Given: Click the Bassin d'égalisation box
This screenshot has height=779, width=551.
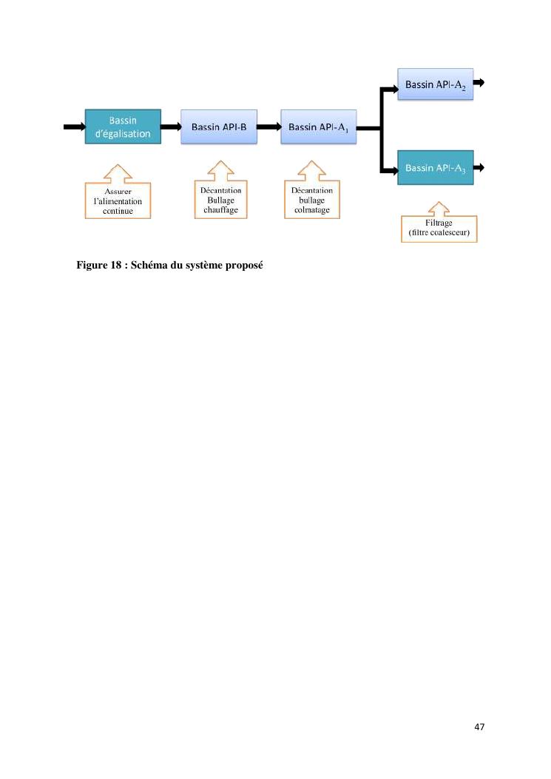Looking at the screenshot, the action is coord(123,127).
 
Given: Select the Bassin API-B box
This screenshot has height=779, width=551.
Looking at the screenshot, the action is coord(219,127).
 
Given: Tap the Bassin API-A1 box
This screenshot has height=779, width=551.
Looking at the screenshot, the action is coord(319,127).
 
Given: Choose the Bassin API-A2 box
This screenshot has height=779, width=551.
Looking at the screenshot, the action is coord(435,84).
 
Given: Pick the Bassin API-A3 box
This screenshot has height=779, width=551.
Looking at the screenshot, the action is coord(435,167).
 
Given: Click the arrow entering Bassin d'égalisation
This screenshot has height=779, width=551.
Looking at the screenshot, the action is coord(75,127).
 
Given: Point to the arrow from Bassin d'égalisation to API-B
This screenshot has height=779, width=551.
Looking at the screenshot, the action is coord(171,127).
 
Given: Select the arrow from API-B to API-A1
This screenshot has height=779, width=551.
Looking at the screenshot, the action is coord(268,127).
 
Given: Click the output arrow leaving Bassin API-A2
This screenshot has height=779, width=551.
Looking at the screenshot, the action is coord(479,82).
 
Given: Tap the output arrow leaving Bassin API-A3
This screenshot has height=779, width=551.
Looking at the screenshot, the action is coord(479,167).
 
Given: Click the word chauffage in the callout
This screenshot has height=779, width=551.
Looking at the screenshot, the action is coord(220,210).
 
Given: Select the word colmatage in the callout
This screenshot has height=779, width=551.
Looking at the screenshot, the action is coord(312,210).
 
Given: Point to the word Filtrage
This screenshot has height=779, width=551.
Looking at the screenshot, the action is coord(439,223).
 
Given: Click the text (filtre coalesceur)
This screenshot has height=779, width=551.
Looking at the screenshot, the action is coord(439,232).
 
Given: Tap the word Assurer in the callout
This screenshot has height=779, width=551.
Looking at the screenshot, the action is coord(118,192).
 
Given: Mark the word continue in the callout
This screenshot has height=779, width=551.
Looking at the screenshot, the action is coord(118,211).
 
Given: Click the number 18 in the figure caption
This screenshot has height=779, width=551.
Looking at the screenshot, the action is coord(116,265).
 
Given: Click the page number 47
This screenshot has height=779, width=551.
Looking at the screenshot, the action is coord(479,726).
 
